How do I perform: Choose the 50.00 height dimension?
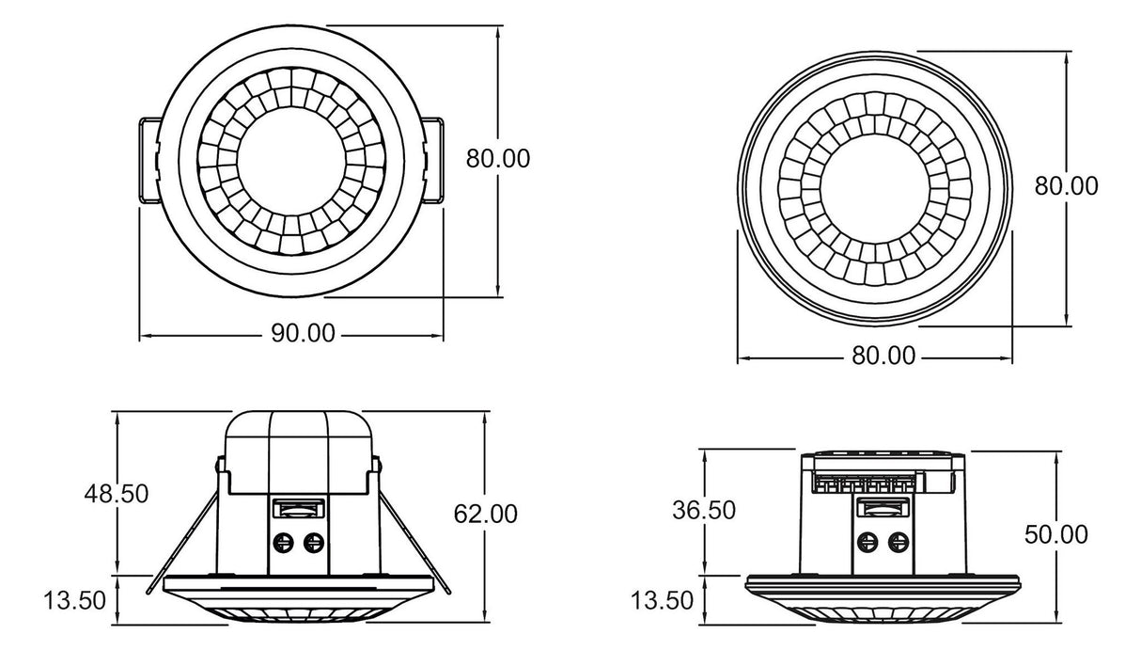pos(1056,534)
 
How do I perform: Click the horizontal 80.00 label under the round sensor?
pos(883,356)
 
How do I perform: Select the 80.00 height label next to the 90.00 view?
pos(498,158)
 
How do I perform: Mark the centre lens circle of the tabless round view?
pos(875,186)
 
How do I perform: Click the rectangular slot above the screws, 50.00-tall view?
pos(883,509)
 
